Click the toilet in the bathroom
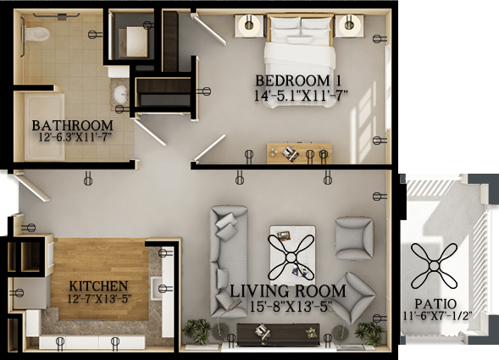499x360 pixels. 36,34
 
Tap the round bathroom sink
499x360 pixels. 121,93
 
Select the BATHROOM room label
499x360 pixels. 73,125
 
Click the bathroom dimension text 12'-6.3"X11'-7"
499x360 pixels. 75,137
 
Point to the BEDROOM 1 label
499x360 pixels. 298,80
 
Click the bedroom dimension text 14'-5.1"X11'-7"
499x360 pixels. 301,96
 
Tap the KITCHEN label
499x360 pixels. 98,286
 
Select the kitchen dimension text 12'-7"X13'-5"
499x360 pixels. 99,299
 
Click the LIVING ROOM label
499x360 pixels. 288,291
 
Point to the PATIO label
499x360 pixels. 435,304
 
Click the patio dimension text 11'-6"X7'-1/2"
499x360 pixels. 437,316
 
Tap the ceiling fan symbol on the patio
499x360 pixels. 435,266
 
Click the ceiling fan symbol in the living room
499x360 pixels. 291,257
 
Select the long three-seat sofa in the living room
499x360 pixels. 229,262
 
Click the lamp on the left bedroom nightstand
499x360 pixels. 249,25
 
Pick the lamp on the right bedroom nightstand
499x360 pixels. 349,25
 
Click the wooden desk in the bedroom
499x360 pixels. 299,153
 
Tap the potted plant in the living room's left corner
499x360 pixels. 197,331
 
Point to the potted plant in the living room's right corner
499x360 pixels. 369,333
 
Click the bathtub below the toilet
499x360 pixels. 45,127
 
